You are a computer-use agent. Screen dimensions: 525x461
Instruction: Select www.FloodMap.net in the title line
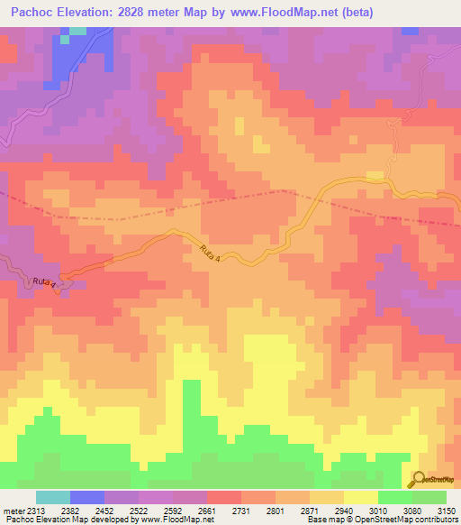[294, 13]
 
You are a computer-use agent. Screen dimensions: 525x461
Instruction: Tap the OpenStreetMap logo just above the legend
[433, 481]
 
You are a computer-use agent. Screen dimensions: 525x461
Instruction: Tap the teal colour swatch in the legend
[53, 497]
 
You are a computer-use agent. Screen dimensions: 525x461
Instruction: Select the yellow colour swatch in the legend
[360, 497]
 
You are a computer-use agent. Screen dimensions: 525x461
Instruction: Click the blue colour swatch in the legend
[87, 497]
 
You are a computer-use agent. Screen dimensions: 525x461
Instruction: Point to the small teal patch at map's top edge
[78, 30]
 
